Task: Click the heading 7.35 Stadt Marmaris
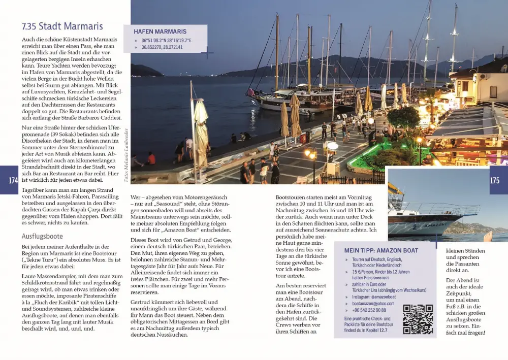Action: coord(62,26)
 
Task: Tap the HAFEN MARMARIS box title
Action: coord(160,31)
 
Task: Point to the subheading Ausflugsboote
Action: coord(42,236)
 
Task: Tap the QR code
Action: coord(418,319)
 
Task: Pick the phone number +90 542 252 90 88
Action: coord(369,310)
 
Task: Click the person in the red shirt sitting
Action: coord(151,159)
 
